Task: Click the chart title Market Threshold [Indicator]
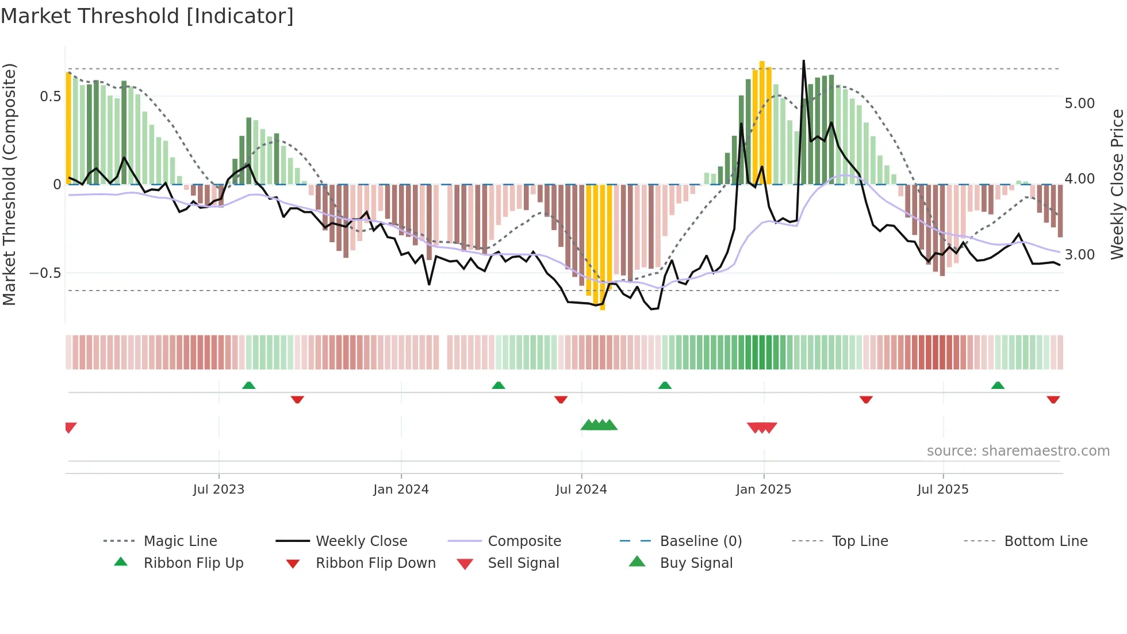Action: click(x=147, y=16)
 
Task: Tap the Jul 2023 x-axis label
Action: click(x=218, y=490)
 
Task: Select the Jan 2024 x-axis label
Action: click(x=401, y=490)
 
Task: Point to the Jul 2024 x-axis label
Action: click(x=581, y=490)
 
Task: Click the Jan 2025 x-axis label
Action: click(x=763, y=490)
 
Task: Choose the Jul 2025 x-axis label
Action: click(x=942, y=490)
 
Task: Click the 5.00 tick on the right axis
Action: click(x=1079, y=104)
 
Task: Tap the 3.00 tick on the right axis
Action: click(x=1079, y=255)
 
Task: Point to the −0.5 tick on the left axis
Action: click(x=45, y=273)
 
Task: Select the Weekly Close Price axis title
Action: click(x=1117, y=184)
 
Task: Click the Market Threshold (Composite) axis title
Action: click(x=9, y=184)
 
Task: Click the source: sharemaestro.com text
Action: click(x=1018, y=451)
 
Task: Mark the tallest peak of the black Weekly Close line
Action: click(x=803, y=61)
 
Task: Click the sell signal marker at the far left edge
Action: click(x=70, y=427)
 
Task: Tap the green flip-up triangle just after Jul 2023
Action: click(x=248, y=385)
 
